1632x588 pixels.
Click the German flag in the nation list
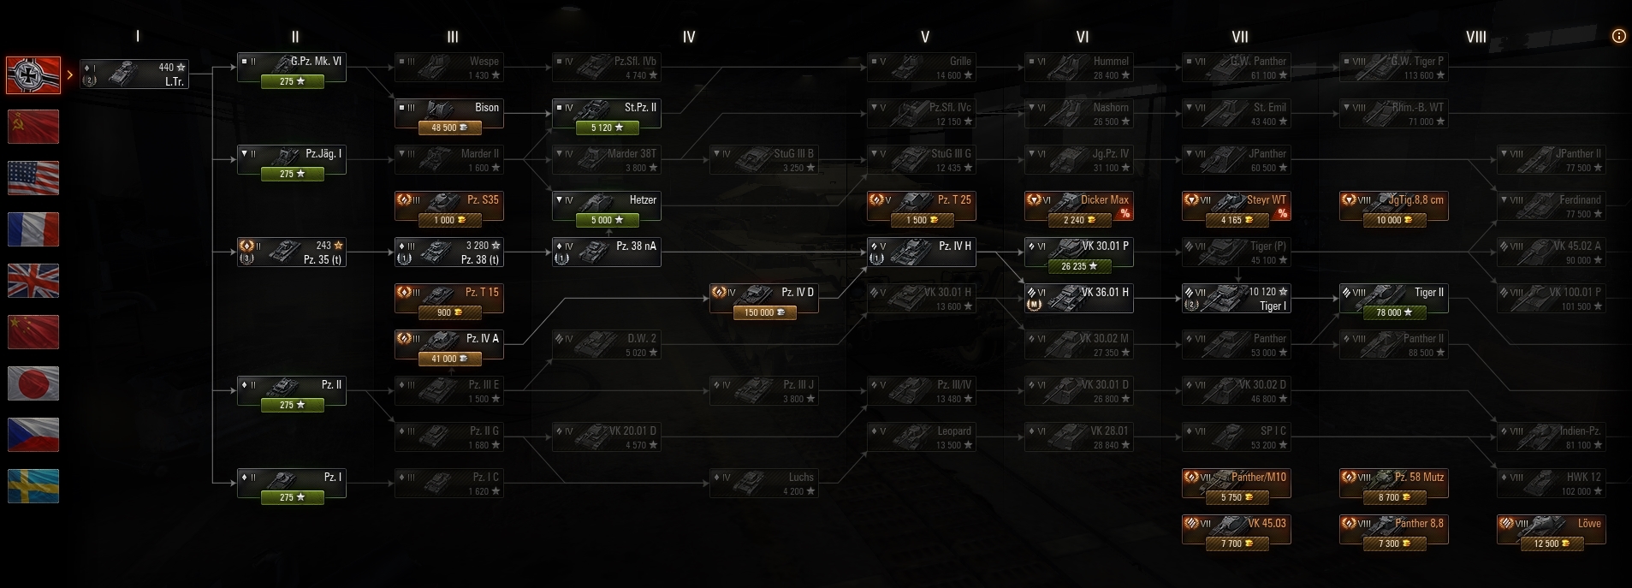point(33,75)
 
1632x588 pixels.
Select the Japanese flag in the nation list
point(33,383)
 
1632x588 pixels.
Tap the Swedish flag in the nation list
point(33,486)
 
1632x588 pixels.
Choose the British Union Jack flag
point(33,281)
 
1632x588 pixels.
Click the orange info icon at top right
point(1618,36)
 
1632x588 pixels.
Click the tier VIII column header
point(1475,37)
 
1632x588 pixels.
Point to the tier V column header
point(924,37)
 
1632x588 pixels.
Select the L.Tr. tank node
point(134,74)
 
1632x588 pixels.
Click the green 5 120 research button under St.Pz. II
point(606,128)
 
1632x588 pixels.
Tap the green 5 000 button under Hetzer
point(606,220)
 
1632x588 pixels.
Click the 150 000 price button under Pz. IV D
point(763,312)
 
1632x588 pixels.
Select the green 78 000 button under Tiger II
point(1393,312)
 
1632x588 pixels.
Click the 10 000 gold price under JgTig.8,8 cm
point(1393,220)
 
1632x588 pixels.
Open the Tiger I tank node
point(1236,299)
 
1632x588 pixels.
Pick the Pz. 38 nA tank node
point(606,252)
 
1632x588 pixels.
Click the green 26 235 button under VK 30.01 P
point(1078,266)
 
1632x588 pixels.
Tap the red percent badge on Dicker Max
point(1125,213)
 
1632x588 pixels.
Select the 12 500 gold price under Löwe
point(1551,543)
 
